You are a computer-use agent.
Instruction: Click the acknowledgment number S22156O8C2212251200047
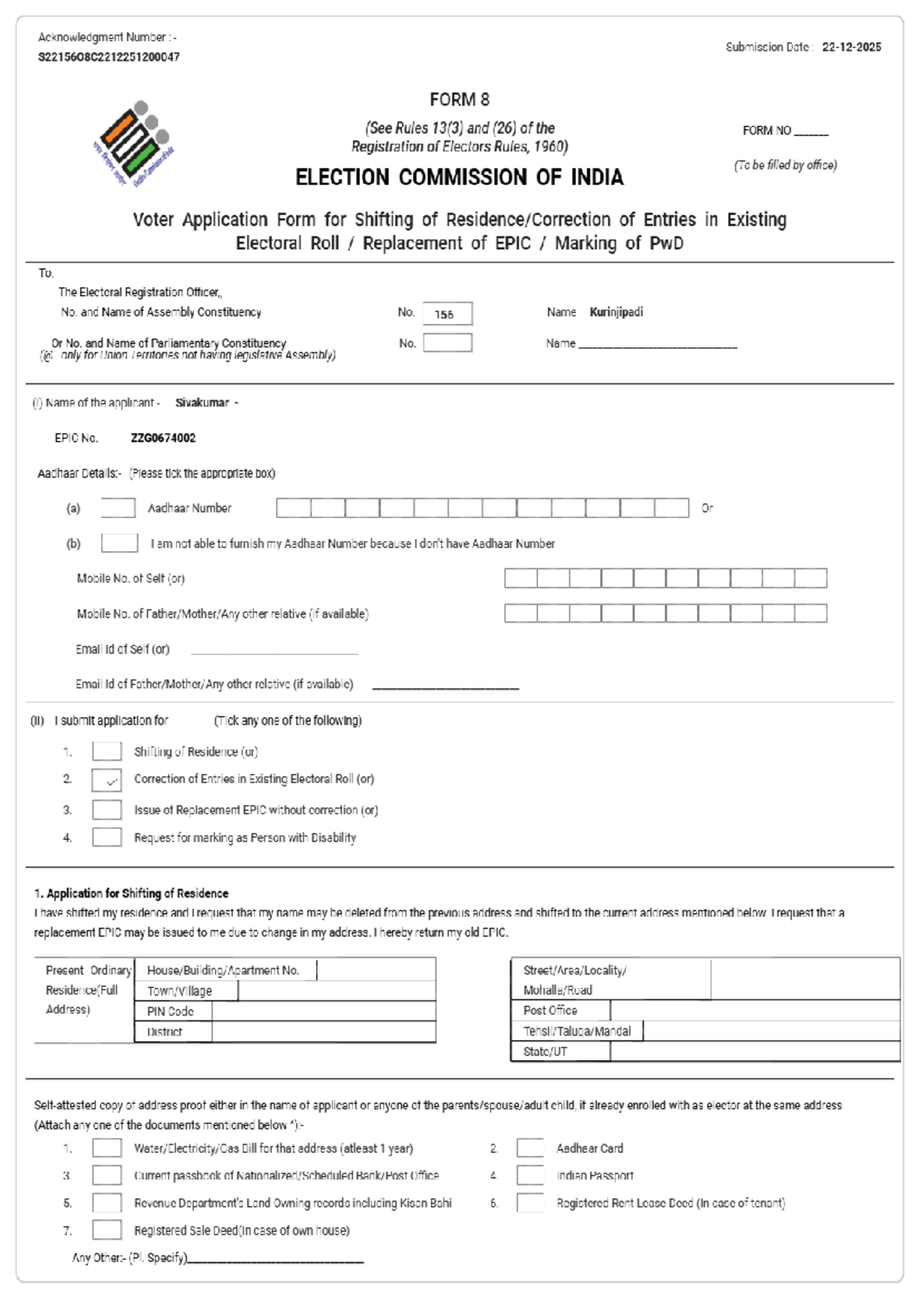tap(109, 57)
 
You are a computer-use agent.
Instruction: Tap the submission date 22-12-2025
tap(851, 47)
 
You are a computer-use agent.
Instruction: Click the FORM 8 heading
tap(459, 100)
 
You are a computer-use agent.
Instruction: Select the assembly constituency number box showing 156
tap(447, 314)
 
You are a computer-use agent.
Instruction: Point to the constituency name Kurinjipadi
tap(616, 312)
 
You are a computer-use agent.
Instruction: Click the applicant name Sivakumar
tap(202, 403)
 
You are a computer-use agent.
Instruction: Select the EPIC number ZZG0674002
tap(163, 438)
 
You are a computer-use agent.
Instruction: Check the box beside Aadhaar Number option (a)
tap(118, 508)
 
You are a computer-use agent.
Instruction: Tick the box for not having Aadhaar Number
tap(120, 544)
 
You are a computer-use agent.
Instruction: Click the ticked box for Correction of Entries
tap(107, 780)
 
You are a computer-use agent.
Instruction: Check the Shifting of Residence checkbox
tap(107, 752)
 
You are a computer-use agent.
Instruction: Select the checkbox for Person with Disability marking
tap(107, 838)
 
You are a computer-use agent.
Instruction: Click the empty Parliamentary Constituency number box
tap(447, 343)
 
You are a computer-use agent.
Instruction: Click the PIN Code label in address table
tap(170, 1012)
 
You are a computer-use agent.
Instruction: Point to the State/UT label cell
tap(546, 1052)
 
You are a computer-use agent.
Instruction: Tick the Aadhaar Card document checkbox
tap(530, 1148)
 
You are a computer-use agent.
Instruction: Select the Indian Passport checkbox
tap(530, 1175)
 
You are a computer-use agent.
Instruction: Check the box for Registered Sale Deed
tap(107, 1231)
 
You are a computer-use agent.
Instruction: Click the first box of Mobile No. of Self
tap(520, 578)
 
